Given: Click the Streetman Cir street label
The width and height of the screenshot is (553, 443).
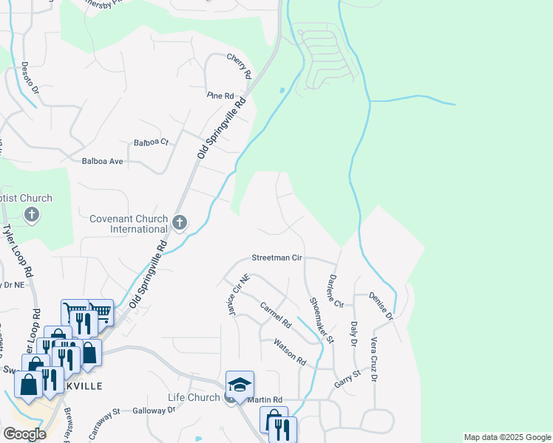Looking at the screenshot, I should (x=277, y=258).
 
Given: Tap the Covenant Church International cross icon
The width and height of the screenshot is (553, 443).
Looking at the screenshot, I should (x=179, y=222).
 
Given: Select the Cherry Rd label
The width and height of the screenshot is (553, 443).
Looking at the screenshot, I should (x=240, y=66).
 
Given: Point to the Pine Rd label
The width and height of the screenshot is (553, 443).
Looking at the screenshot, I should (x=220, y=96).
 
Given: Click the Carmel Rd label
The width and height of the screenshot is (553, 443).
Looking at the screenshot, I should (x=274, y=314).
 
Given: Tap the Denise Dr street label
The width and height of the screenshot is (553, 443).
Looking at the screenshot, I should (x=382, y=306).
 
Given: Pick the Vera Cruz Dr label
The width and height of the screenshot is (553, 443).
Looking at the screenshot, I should (x=374, y=360).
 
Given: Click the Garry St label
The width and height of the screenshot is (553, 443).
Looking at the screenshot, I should (x=346, y=379).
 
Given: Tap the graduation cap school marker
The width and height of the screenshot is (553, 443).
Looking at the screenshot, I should (x=240, y=385).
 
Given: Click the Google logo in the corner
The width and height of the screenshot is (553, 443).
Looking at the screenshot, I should (x=24, y=434).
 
